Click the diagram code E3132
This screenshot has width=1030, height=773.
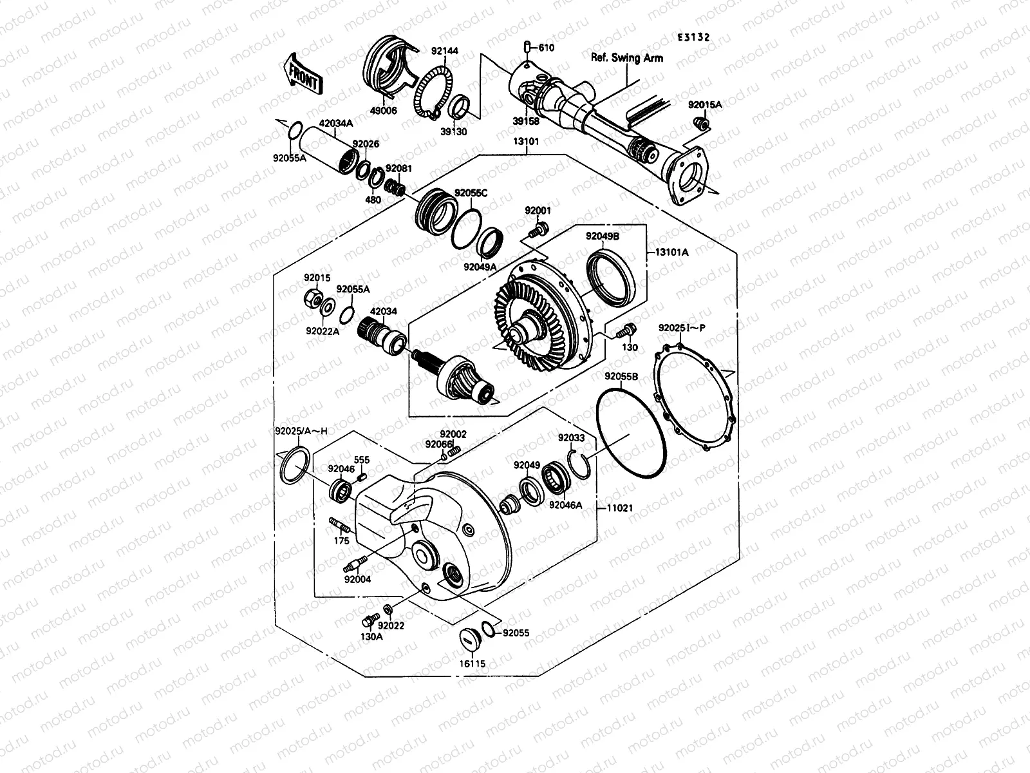tap(693, 37)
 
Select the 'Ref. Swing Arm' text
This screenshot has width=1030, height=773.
tap(626, 58)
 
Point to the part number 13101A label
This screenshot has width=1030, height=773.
tap(671, 253)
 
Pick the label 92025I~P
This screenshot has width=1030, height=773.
tap(682, 328)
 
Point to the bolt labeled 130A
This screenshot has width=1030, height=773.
tap(368, 620)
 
